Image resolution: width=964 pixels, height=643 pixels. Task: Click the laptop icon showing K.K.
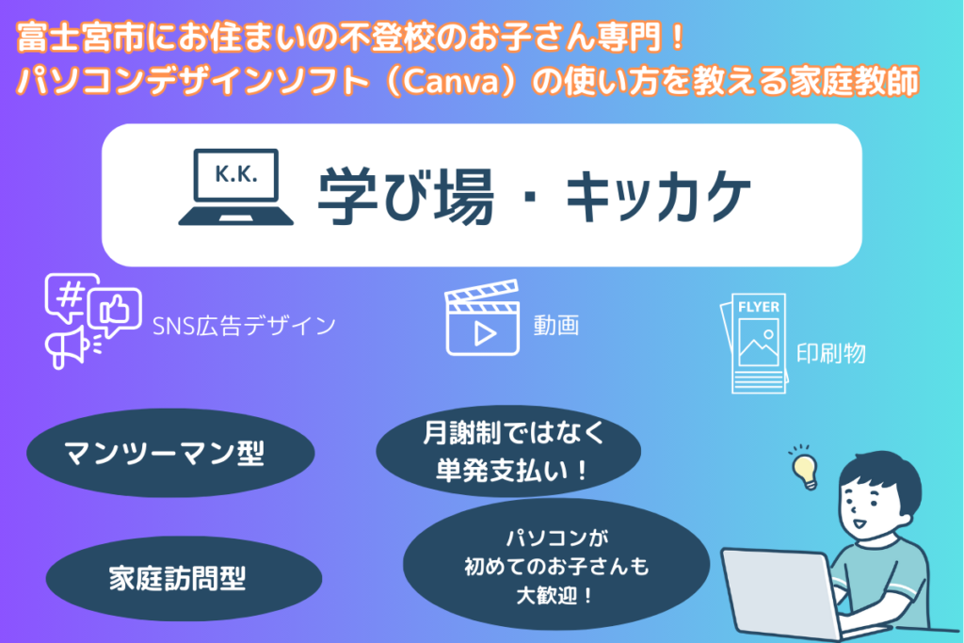click(x=235, y=187)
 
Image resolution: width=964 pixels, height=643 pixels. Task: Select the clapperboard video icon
click(x=483, y=318)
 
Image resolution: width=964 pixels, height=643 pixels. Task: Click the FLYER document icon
click(x=754, y=344)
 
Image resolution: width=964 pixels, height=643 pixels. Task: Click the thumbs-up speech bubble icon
click(x=114, y=312)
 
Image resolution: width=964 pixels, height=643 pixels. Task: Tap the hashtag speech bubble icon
click(x=72, y=297)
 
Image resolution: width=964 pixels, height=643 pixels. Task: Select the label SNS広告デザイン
click(x=244, y=326)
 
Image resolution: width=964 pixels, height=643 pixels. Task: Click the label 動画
click(x=556, y=325)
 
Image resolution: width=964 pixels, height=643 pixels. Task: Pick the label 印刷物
click(x=831, y=353)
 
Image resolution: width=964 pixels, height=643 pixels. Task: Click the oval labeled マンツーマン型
click(x=171, y=453)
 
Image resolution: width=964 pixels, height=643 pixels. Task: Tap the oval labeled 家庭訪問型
click(x=184, y=578)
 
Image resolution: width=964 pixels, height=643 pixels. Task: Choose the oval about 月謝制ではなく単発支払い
click(x=508, y=452)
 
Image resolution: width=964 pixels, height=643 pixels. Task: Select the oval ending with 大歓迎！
click(x=556, y=565)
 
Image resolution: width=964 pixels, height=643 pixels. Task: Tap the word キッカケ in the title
click(x=658, y=196)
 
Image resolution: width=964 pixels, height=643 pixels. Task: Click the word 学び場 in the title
click(x=406, y=196)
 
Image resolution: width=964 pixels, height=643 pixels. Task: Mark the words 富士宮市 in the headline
click(x=81, y=38)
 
